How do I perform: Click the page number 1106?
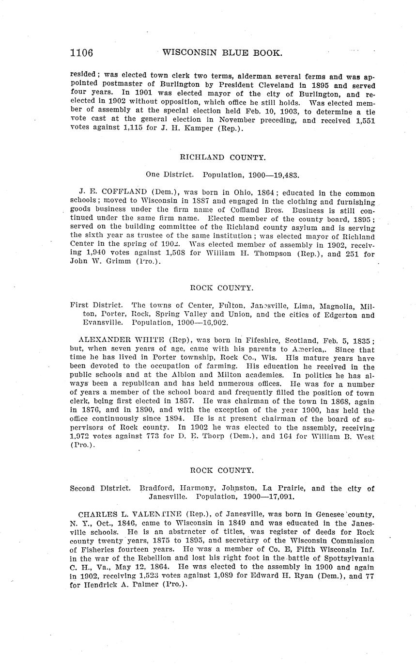(x=81, y=53)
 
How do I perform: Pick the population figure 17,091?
(x=277, y=497)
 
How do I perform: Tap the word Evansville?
(x=100, y=322)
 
